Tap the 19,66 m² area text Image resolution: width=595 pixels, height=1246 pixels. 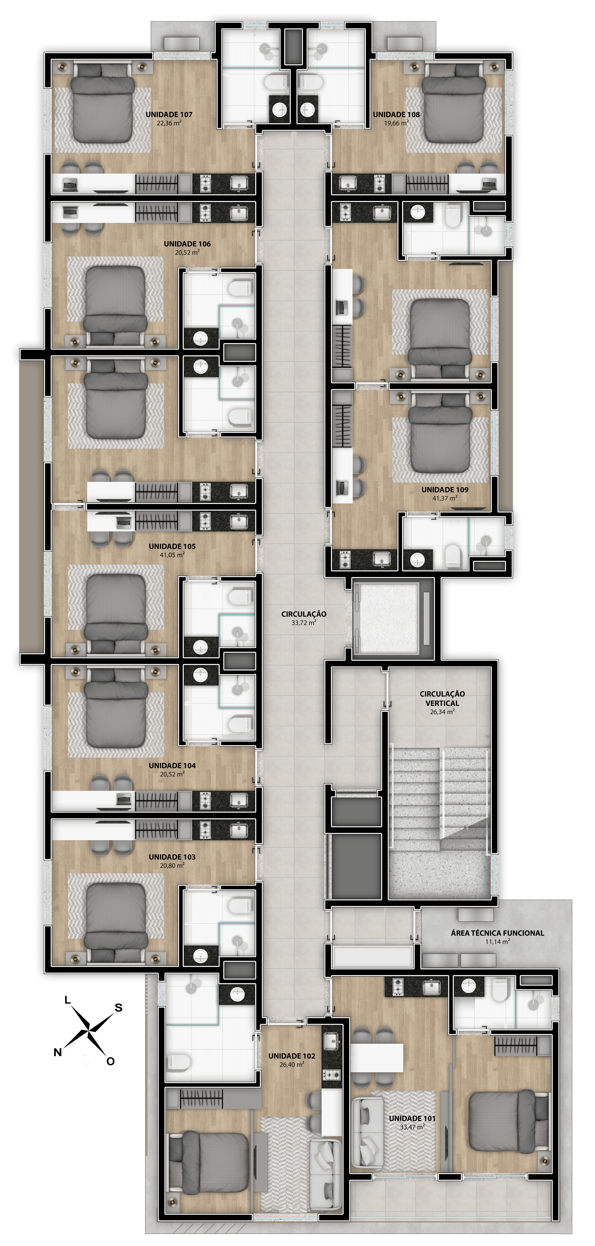point(396,123)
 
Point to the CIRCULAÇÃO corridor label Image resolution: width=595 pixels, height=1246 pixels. point(304,614)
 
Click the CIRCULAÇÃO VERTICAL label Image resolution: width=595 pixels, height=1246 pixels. point(442,698)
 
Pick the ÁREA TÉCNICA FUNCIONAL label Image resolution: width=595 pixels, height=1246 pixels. point(497,933)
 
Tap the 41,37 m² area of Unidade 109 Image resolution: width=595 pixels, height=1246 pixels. point(445,498)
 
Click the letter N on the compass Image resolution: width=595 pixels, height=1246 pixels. point(58,1052)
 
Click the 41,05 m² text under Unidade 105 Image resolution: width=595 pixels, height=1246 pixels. point(172,555)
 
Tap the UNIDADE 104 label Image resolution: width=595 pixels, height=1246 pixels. point(172,766)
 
